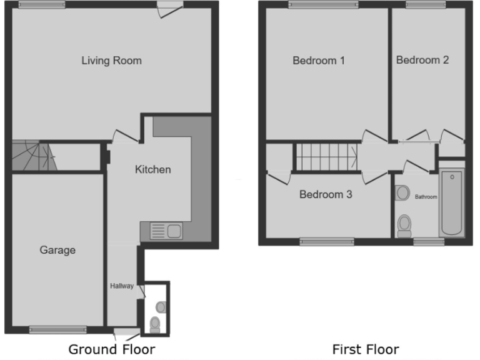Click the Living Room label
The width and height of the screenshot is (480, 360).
click(x=111, y=61)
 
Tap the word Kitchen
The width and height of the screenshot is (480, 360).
click(x=153, y=169)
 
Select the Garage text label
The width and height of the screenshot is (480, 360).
click(x=57, y=250)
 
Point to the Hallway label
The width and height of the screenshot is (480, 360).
click(x=122, y=286)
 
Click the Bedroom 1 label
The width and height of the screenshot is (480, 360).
click(x=319, y=61)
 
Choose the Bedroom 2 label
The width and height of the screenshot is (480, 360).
click(x=422, y=60)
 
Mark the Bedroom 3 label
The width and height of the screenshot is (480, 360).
click(x=326, y=194)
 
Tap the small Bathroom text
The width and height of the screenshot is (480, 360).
click(x=426, y=197)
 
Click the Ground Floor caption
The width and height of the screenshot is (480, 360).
click(x=111, y=349)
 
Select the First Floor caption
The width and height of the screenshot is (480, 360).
click(x=365, y=349)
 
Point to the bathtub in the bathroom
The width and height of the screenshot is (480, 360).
click(x=451, y=201)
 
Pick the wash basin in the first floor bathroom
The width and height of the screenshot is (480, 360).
click(x=402, y=192)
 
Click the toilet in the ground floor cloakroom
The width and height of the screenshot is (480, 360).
click(x=154, y=323)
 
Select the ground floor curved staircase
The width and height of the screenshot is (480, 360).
click(x=31, y=156)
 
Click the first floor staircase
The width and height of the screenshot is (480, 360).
click(x=326, y=157)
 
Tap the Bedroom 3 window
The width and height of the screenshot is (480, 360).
click(x=327, y=241)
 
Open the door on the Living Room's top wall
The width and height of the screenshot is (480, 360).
click(x=169, y=7)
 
